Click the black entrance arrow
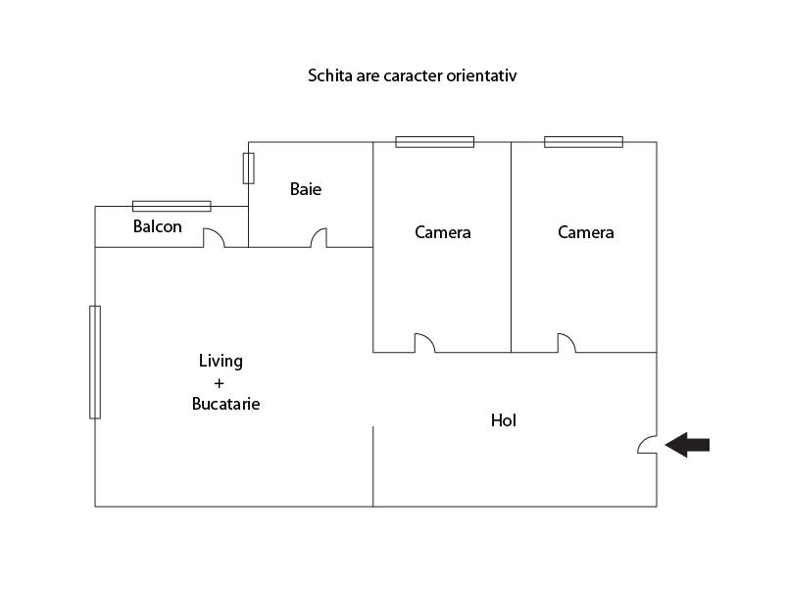(688, 446)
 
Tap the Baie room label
(306, 189)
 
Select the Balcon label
(158, 227)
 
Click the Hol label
(504, 420)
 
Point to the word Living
(221, 361)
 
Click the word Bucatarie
(226, 404)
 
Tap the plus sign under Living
(219, 382)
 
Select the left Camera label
(443, 232)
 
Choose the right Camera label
(586, 232)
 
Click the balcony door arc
(214, 238)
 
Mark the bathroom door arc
(319, 238)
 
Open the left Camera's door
(423, 343)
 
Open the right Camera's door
(566, 343)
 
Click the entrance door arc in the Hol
(647, 445)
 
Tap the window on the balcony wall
(172, 206)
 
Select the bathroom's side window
(249, 168)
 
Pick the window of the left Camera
(434, 142)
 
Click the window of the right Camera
(583, 142)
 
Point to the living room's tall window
(95, 362)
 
